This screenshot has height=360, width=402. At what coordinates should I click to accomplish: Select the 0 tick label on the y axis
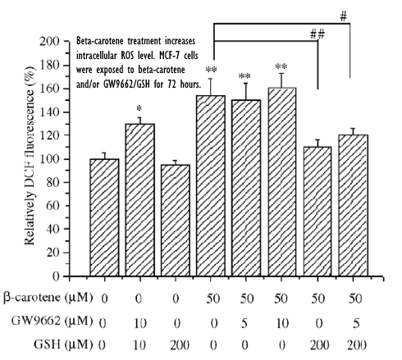click(x=62, y=277)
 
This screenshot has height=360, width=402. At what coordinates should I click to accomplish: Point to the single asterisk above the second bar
click(x=140, y=108)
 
